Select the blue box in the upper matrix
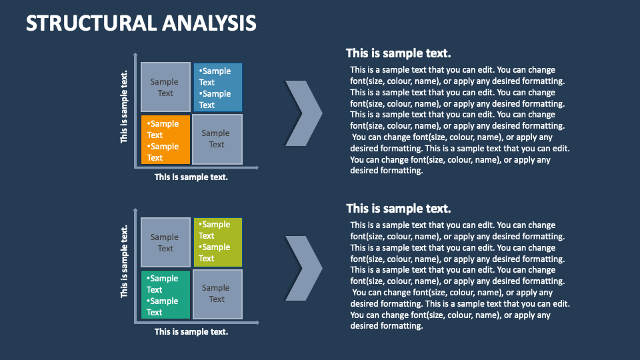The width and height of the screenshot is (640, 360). coord(217,87)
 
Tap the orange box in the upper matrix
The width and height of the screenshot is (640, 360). coord(165,140)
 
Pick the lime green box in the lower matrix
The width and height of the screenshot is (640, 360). coord(217,241)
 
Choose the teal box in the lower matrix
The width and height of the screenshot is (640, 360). coord(165,295)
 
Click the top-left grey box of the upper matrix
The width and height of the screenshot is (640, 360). coord(165,87)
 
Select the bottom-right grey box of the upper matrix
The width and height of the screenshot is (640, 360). coord(217,139)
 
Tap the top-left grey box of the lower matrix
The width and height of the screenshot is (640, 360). coord(165,242)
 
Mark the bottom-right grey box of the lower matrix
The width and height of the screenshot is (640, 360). coord(217,294)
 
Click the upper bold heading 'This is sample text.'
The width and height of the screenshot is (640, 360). coord(399,53)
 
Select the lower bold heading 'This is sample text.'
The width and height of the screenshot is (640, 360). coord(399,209)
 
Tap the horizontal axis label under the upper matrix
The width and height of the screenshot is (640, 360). coord(191,177)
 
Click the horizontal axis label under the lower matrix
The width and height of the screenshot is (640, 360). coord(191,331)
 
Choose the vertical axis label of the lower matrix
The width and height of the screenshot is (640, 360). coord(125,261)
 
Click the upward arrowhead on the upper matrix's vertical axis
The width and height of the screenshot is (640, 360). coord(136,55)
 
